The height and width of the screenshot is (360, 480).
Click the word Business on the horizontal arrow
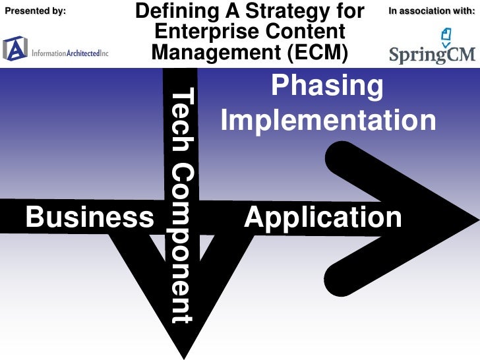(x=89, y=217)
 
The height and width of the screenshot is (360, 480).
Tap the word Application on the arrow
(x=322, y=217)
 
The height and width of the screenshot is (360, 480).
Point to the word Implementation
(x=328, y=121)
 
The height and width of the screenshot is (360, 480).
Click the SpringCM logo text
(x=432, y=53)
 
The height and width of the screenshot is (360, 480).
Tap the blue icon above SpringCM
(x=446, y=36)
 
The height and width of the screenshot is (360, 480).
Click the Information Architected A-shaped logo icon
(x=15, y=48)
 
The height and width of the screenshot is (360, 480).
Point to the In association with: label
(x=431, y=10)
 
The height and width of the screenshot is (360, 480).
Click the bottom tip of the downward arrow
(x=182, y=353)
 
